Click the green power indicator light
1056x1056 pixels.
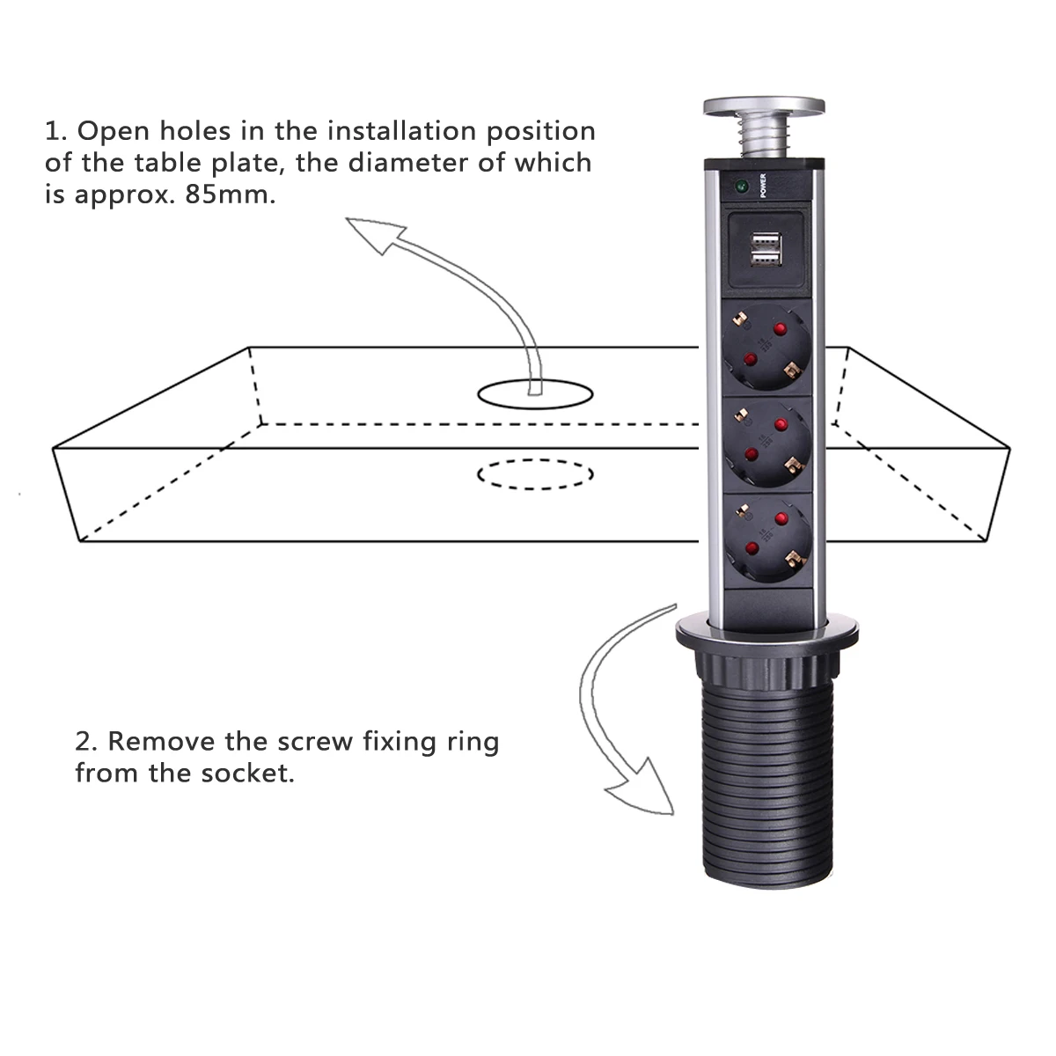(x=742, y=187)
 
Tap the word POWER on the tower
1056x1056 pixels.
(x=763, y=186)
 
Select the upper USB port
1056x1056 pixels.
(x=766, y=240)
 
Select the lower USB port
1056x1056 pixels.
(x=766, y=258)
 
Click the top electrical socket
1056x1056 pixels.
(x=766, y=345)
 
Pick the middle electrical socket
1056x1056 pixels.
(x=767, y=442)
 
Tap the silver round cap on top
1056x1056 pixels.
(x=764, y=106)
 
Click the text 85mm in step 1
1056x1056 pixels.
(x=231, y=194)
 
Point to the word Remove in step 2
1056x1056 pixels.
(x=161, y=742)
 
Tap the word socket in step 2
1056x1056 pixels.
(x=247, y=774)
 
